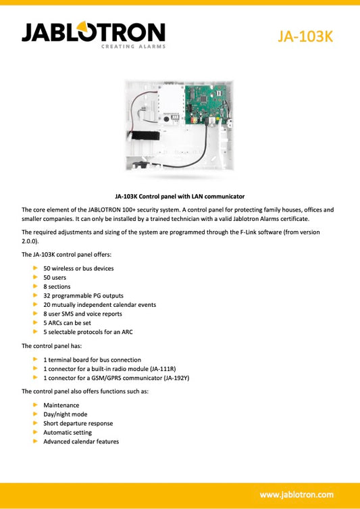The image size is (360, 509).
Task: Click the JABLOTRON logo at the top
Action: click(93, 32)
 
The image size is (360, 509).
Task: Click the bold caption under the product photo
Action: click(180, 195)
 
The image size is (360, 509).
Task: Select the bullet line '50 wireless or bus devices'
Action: click(78, 268)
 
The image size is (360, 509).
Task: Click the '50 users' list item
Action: click(56, 278)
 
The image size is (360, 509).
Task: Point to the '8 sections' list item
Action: click(57, 287)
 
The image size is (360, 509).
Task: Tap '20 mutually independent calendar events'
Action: click(99, 305)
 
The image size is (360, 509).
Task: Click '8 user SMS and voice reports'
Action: click(82, 314)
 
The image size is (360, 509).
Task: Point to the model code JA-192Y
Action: click(174, 378)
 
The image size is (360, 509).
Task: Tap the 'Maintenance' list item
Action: click(61, 406)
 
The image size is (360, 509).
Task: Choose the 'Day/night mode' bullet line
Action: click(65, 414)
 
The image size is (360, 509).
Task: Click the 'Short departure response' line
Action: click(78, 424)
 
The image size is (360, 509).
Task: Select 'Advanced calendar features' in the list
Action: click(81, 442)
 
